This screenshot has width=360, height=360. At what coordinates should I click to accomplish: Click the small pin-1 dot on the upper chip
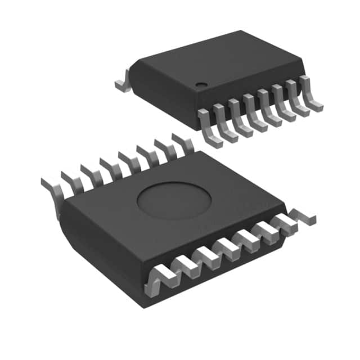tap(200, 85)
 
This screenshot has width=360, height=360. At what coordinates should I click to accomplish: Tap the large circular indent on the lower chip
tap(174, 202)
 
